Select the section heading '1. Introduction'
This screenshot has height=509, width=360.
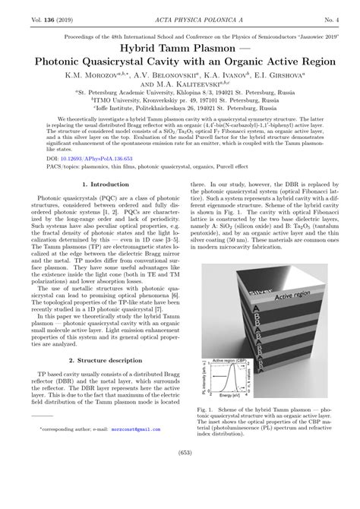coord(103,205)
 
